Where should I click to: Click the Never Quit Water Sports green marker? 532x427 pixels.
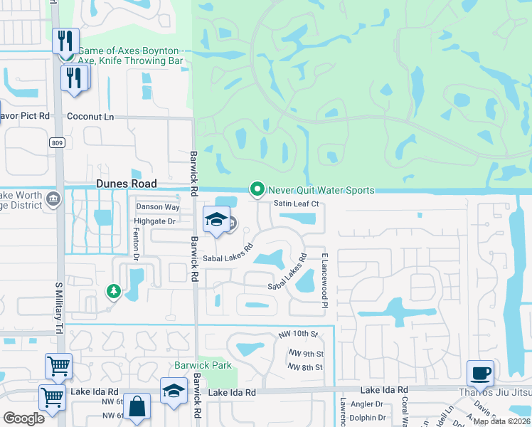click(256, 189)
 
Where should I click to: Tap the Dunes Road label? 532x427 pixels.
click(126, 183)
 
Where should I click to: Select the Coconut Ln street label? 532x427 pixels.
click(90, 116)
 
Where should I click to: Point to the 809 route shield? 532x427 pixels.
click(57, 143)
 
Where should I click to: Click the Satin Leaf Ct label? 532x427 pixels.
click(295, 204)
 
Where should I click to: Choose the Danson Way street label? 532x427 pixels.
click(158, 207)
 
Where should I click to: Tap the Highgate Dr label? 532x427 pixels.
click(154, 221)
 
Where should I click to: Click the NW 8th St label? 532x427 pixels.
click(306, 367)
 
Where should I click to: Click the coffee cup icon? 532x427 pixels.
click(480, 373)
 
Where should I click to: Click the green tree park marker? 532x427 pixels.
click(112, 291)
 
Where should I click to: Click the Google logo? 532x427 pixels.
click(23, 418)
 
